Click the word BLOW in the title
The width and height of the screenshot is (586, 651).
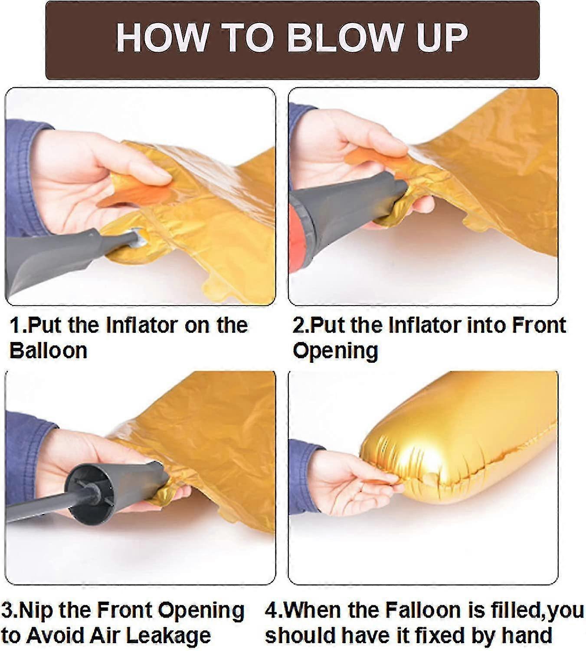(344, 39)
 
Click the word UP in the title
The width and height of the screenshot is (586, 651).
(440, 39)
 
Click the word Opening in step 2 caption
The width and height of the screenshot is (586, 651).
(335, 352)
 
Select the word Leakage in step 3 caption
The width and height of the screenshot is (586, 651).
(167, 635)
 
